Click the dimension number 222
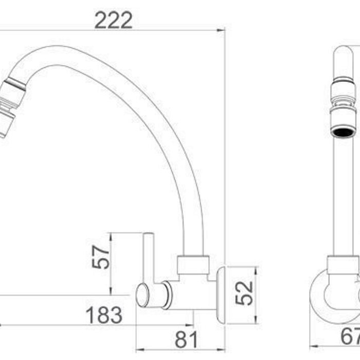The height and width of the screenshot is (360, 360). pyautogui.click(x=114, y=20)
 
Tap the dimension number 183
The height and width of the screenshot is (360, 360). pyautogui.click(x=104, y=315)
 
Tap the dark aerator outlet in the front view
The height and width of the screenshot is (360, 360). pyautogui.click(x=343, y=132)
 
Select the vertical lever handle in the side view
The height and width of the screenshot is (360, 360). pyautogui.click(x=148, y=257)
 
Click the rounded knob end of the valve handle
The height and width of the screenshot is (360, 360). pyautogui.click(x=142, y=296)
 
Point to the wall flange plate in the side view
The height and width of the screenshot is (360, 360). pyautogui.click(x=221, y=295)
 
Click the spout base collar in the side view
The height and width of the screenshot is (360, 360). pyautogui.click(x=193, y=264)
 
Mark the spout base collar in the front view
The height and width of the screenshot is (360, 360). pyautogui.click(x=343, y=265)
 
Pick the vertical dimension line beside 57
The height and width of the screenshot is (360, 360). pyautogui.click(x=111, y=262)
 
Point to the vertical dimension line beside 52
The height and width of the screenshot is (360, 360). pyautogui.click(x=256, y=295)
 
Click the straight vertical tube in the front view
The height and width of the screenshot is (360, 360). pyautogui.click(x=343, y=195)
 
